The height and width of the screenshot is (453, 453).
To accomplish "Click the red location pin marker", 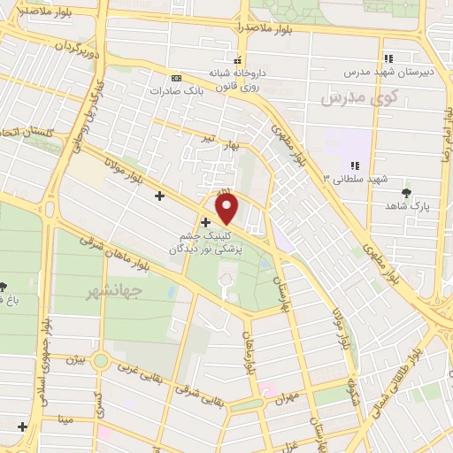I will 227,209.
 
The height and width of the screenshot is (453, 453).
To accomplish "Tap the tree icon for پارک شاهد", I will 407,192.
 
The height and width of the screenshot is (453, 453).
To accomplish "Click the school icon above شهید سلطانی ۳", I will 354,165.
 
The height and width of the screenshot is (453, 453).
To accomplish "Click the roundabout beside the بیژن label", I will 100,360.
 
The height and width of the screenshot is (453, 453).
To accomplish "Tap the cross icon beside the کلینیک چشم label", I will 205,221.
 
